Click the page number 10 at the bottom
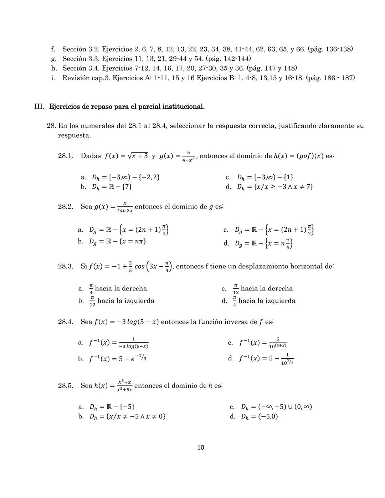click(200, 448)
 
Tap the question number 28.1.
click(66, 156)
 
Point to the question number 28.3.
click(66, 266)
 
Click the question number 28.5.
click(66, 386)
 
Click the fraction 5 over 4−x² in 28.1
click(188, 156)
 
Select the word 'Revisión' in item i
click(76, 78)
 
